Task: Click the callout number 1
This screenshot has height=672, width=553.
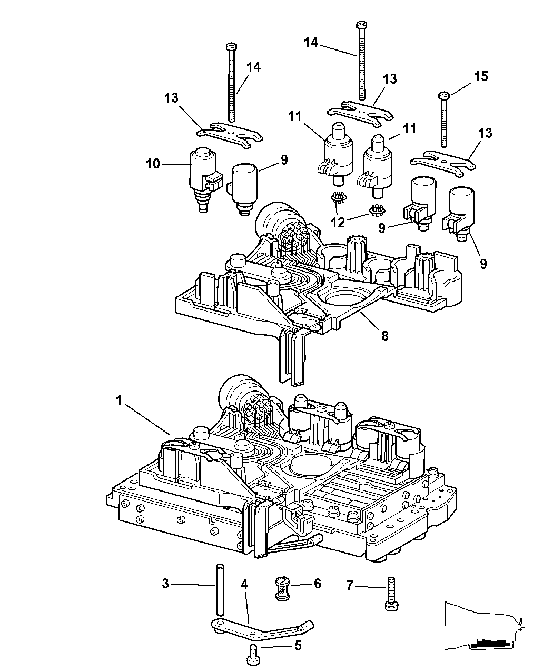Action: (120, 400)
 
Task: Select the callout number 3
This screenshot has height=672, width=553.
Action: (165, 584)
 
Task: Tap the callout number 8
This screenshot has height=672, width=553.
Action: (385, 335)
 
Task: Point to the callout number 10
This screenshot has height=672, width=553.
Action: (153, 165)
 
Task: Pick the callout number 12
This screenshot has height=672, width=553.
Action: (338, 222)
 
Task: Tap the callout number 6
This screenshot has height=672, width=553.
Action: (317, 585)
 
